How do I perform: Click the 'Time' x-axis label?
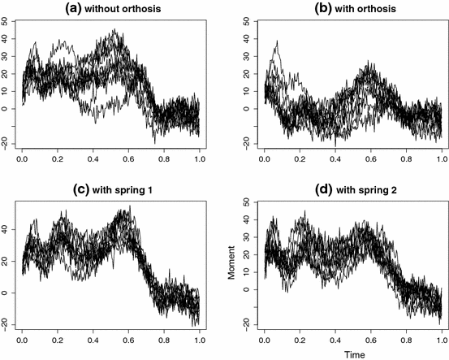(352, 354)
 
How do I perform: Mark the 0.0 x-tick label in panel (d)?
(265, 341)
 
